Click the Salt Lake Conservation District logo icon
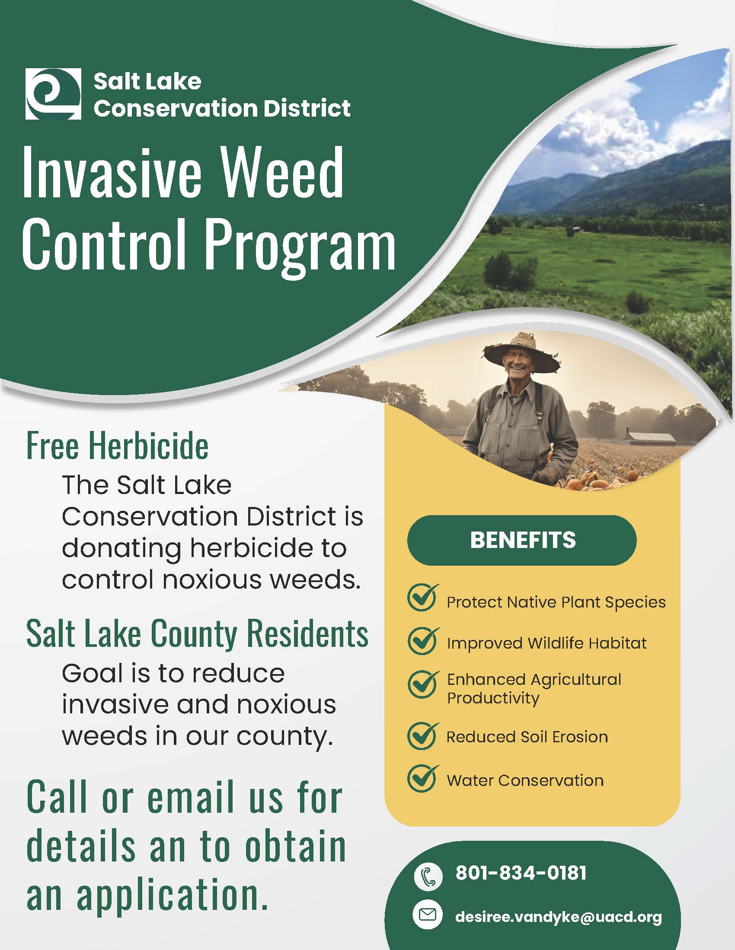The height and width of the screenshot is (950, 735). [53, 94]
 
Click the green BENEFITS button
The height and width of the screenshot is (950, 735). [522, 540]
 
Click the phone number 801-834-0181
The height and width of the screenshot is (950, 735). [521, 873]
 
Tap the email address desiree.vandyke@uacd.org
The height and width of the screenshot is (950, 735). [558, 916]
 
